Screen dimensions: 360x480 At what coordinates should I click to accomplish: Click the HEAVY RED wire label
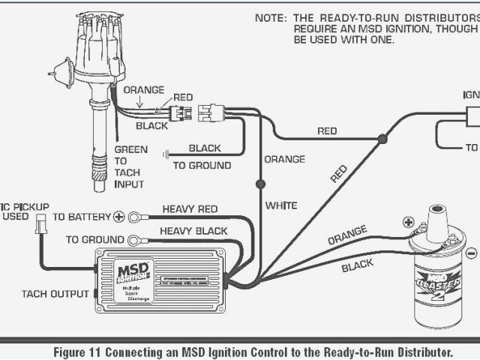click(x=190, y=209)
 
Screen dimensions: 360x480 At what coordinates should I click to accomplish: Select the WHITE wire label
click(x=281, y=205)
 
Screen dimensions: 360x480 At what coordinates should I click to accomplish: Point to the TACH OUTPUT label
click(x=55, y=293)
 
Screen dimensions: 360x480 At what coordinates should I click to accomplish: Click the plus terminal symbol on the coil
click(x=408, y=222)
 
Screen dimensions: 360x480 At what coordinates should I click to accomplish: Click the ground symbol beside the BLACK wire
click(x=166, y=154)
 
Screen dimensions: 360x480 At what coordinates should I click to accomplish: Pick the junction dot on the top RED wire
click(x=382, y=139)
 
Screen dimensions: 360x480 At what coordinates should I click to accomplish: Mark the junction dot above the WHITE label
click(x=260, y=183)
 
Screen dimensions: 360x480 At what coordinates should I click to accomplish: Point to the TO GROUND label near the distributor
click(x=202, y=165)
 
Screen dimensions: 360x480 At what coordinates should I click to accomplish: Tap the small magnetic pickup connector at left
click(x=40, y=223)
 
